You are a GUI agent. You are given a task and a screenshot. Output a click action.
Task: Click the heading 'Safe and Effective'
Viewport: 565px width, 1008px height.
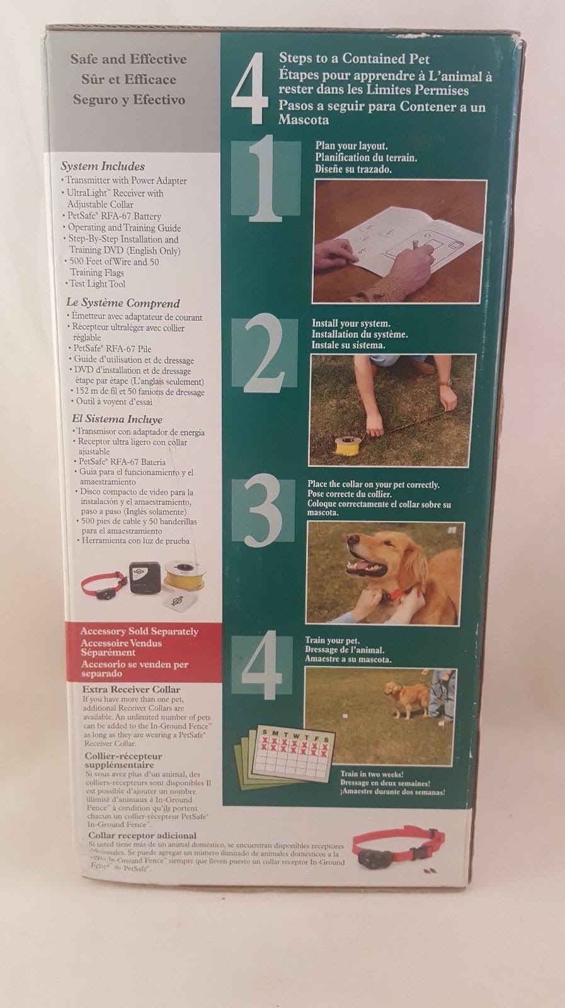128,60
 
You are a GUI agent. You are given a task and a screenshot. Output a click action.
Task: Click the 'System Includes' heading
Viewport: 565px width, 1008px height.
103,166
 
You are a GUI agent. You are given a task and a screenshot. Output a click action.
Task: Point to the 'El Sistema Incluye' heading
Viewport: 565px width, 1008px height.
111,419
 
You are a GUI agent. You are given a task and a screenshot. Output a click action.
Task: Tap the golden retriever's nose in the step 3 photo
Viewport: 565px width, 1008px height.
350,540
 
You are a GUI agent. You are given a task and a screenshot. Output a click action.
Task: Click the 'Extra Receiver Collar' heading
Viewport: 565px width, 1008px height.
131,690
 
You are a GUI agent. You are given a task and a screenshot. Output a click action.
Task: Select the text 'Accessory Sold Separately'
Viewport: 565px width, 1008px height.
139,631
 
